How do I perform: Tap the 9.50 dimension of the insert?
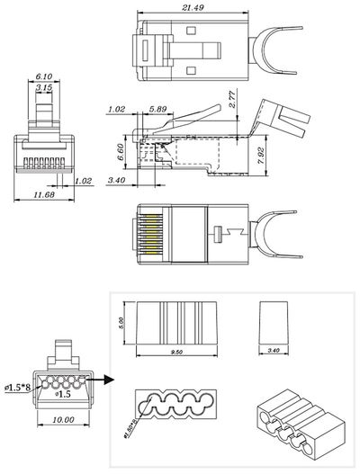pyautogui.click(x=176, y=354)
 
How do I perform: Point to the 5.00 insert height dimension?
pyautogui.click(x=123, y=321)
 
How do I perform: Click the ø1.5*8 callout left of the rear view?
pyautogui.click(x=15, y=387)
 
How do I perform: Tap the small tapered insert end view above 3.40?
pyautogui.click(x=274, y=321)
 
